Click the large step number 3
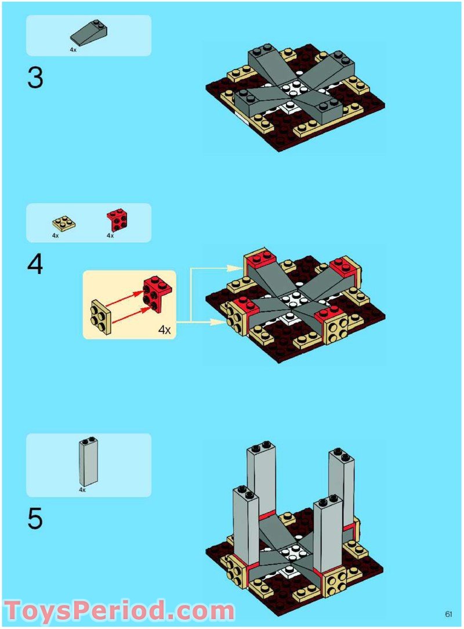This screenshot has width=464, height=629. coord(35,78)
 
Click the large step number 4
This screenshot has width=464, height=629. coord(35,265)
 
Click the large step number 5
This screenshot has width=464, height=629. coord(35,518)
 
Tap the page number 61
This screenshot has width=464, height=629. coord(449,615)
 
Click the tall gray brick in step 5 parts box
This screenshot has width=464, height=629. coord(89,462)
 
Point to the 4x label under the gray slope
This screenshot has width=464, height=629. coord(73,50)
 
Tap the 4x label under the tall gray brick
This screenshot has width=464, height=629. coord(82,490)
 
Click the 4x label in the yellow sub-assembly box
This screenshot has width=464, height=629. coord(164,330)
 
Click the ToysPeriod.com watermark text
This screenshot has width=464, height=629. coord(119,610)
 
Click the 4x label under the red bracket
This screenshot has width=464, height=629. coord(110,236)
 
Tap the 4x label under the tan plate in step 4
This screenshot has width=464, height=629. coord(55,236)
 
